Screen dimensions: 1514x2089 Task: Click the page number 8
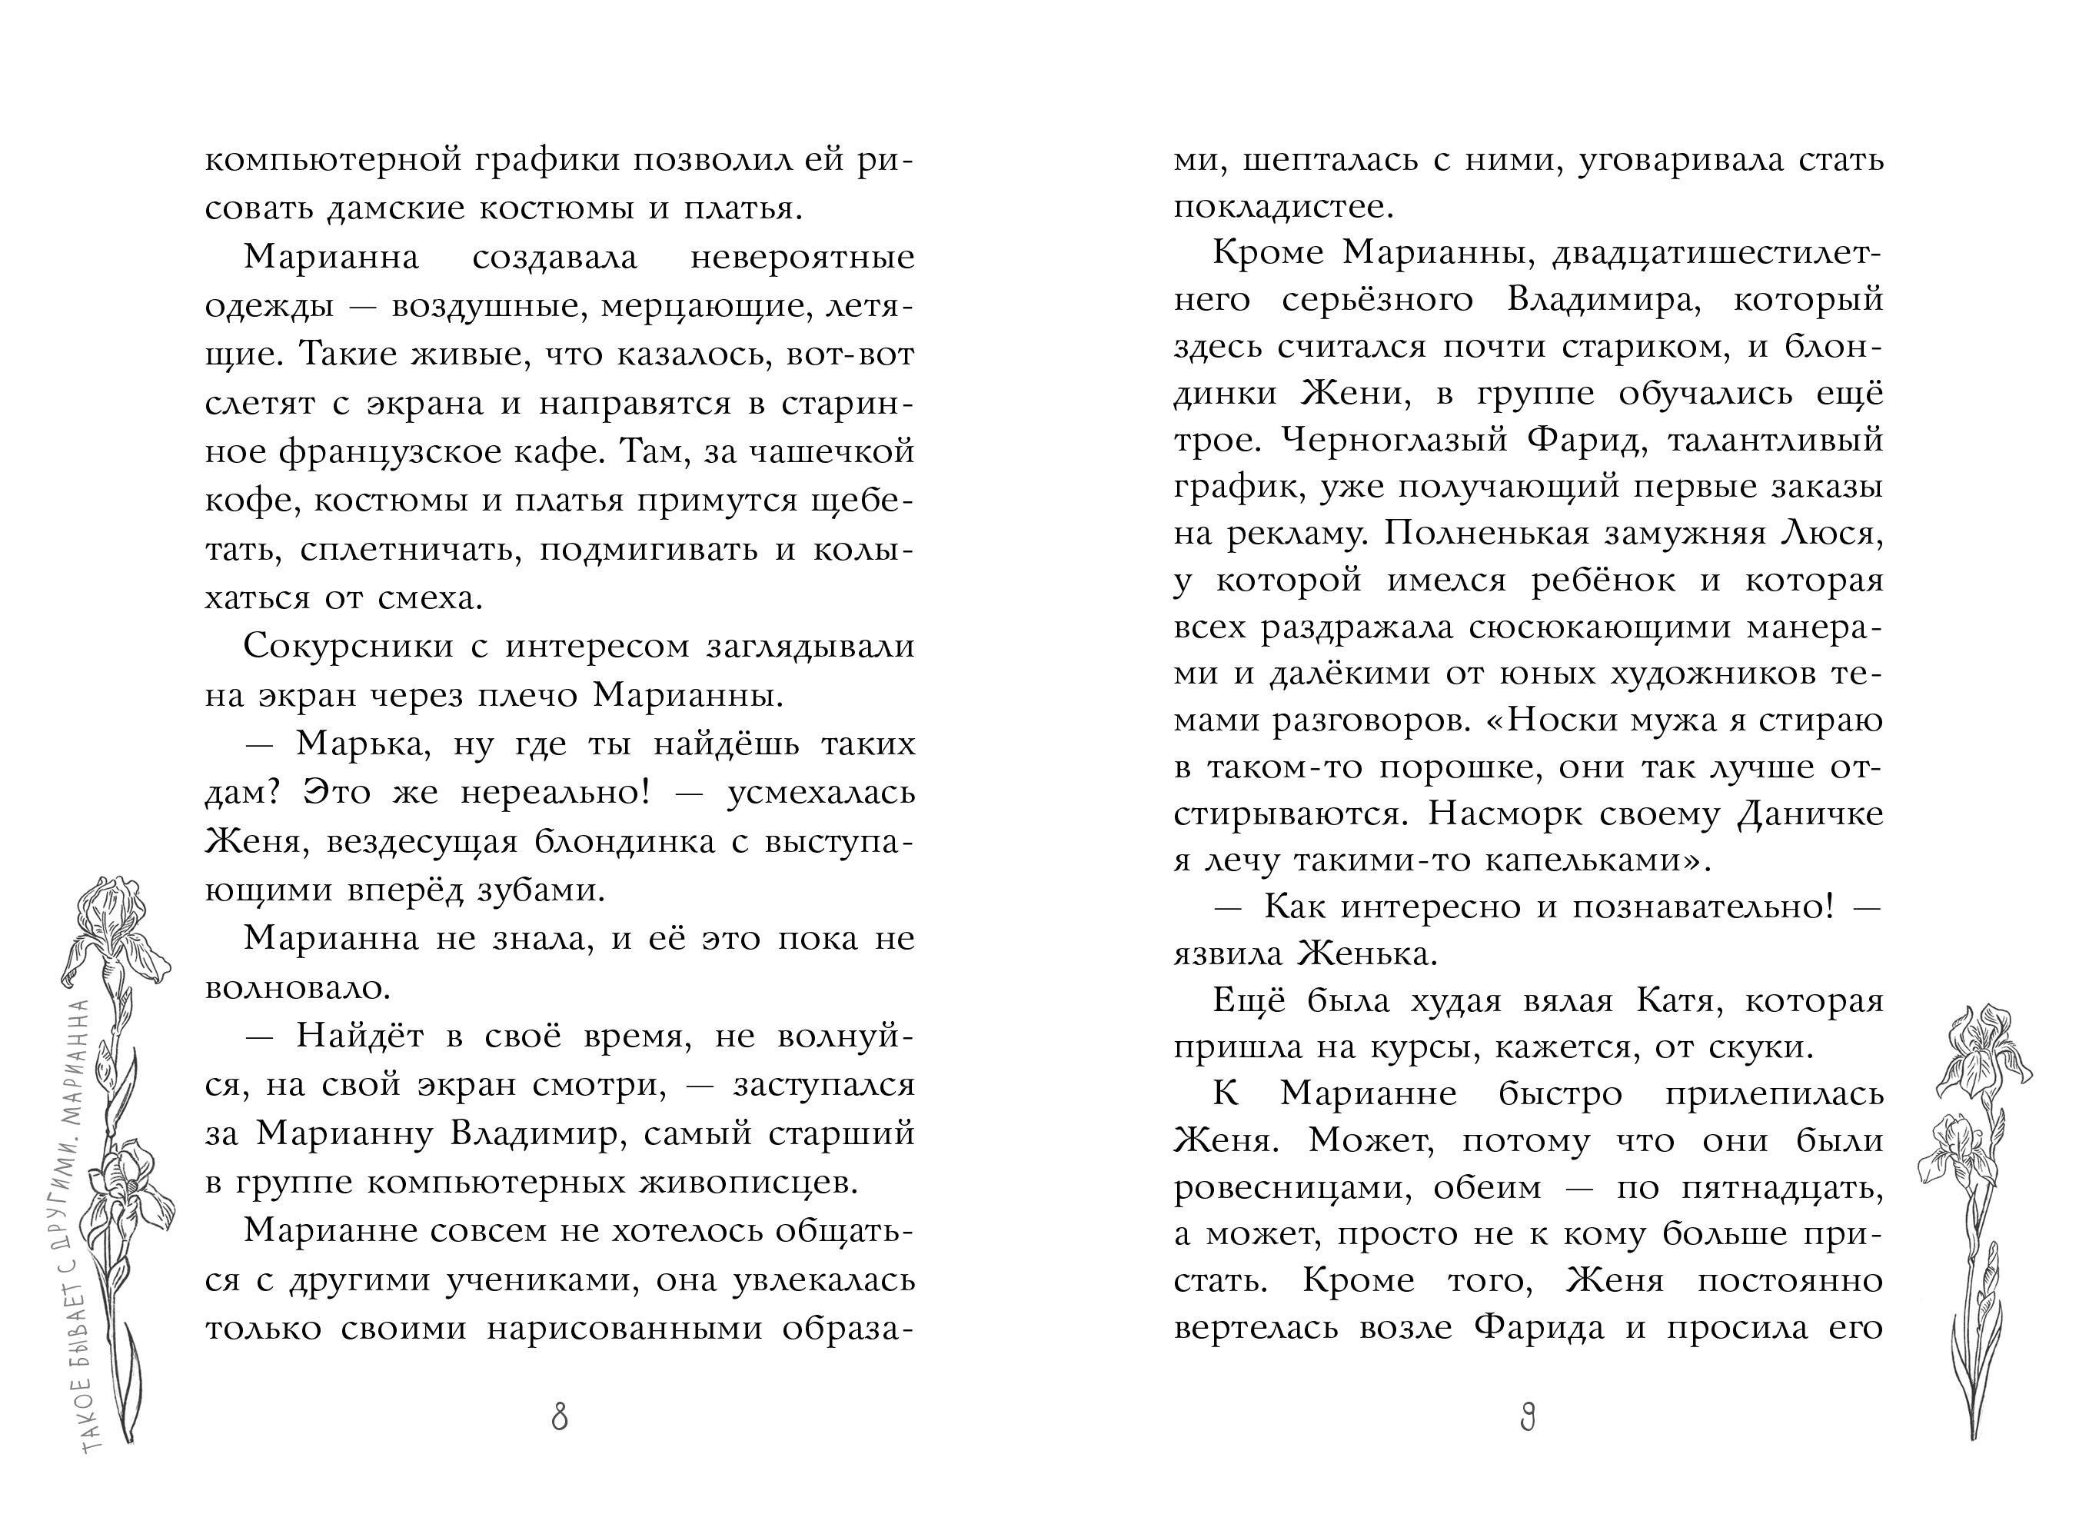(559, 1417)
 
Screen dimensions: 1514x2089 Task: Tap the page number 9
(1528, 1417)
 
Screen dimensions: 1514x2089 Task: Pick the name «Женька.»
(1367, 955)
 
